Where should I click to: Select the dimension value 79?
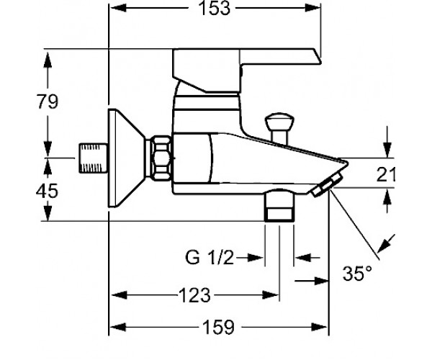[x=48, y=102]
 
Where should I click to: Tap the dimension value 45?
[x=48, y=191]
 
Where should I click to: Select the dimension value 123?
[x=194, y=295]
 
